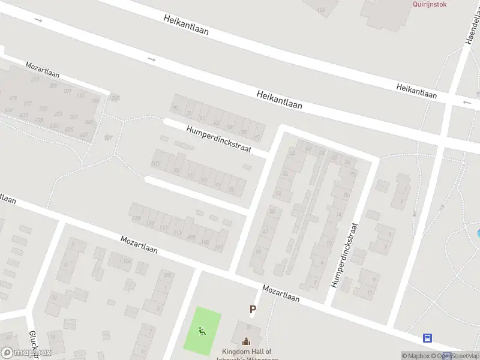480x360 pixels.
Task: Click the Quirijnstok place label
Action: pos(430,4)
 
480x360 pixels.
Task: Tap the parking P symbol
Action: pos(253,310)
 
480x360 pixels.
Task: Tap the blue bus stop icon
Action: pos(428,338)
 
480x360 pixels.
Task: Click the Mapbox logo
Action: pos(26,352)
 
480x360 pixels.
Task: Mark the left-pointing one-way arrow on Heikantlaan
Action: pos(467,103)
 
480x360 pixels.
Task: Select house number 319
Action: pos(13,98)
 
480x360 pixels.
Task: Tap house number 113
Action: pos(177,233)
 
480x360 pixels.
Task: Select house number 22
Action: pos(353,173)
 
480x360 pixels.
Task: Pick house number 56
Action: pos(278,193)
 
